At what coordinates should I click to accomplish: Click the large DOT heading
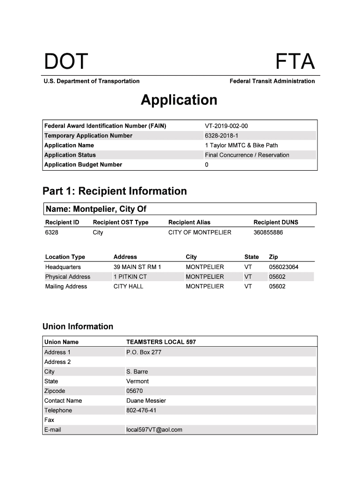pyautogui.click(x=66, y=62)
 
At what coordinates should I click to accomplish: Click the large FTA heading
pyautogui.click(x=295, y=62)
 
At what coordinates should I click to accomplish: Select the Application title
pyautogui.click(x=179, y=100)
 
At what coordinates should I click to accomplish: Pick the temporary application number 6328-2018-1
pyautogui.click(x=222, y=136)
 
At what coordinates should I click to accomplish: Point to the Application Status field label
pyautogui.click(x=70, y=155)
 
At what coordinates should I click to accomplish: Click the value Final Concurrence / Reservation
pyautogui.click(x=247, y=155)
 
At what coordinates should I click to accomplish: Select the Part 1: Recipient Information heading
pyautogui.click(x=115, y=191)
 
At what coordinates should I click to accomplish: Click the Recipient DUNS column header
pyautogui.click(x=275, y=222)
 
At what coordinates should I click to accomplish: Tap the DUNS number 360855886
pyautogui.click(x=268, y=232)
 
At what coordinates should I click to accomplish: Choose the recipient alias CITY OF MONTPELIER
pyautogui.click(x=200, y=232)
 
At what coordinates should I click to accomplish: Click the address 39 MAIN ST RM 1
pyautogui.click(x=137, y=267)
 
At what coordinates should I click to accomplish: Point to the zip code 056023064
pyautogui.click(x=283, y=267)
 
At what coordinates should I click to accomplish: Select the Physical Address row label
pyautogui.click(x=68, y=277)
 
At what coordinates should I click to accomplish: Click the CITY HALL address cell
pyautogui.click(x=129, y=287)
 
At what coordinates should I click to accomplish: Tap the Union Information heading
pyautogui.click(x=78, y=327)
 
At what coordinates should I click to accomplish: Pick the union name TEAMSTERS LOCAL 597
pyautogui.click(x=161, y=342)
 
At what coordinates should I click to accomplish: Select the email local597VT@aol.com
pyautogui.click(x=154, y=430)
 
